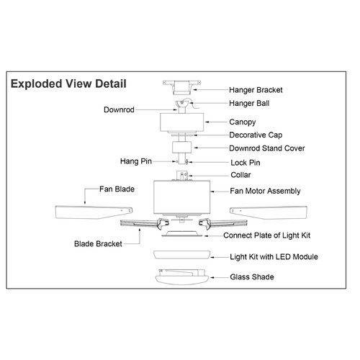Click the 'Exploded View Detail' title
(68, 84)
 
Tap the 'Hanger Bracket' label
(256, 90)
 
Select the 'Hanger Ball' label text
(249, 103)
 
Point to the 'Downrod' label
(119, 109)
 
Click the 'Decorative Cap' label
(256, 135)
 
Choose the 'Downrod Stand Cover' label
(267, 148)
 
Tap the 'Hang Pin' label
(136, 161)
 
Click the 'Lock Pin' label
(246, 163)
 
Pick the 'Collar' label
(240, 175)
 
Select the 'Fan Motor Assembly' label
(265, 191)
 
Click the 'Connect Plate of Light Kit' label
(266, 235)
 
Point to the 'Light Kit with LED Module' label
(274, 257)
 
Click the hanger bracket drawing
(181, 88)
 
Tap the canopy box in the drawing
(182, 122)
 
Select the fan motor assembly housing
(182, 197)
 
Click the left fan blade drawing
(94, 212)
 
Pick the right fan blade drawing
(269, 212)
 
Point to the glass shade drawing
(181, 277)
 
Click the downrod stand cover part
(181, 148)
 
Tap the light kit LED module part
(182, 255)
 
